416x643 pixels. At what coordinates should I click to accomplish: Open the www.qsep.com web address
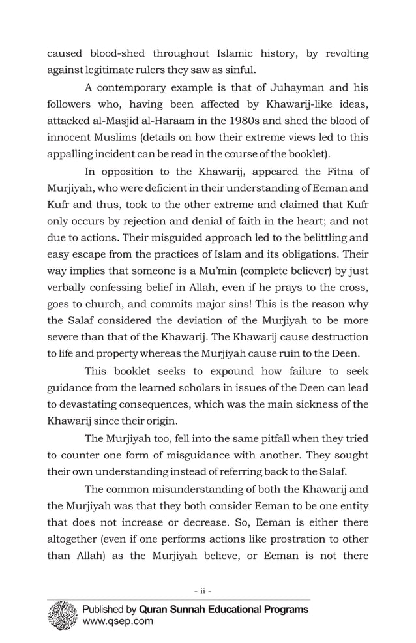point(117,621)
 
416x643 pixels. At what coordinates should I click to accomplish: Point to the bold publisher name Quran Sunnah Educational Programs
point(223,610)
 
